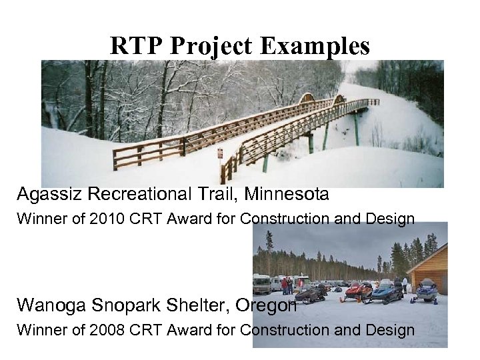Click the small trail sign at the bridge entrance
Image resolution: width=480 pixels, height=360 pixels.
pyautogui.click(x=220, y=153)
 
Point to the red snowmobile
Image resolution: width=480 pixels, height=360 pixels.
pyautogui.click(x=358, y=292)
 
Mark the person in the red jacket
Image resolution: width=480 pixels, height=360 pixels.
pyautogui.click(x=285, y=285)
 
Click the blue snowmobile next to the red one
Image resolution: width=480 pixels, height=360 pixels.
pyautogui.click(x=387, y=292)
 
